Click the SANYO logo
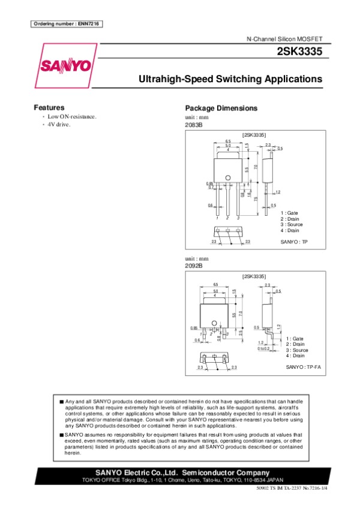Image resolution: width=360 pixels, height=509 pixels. click(x=65, y=64)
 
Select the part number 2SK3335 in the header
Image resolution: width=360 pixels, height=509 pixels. click(x=299, y=52)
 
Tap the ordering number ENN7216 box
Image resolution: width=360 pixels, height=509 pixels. click(x=66, y=23)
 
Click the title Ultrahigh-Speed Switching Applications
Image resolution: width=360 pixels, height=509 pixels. click(x=230, y=79)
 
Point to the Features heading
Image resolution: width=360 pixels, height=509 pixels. click(x=49, y=107)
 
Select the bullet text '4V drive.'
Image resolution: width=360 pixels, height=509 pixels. click(x=59, y=125)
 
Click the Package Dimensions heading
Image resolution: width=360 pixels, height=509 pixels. click(x=221, y=108)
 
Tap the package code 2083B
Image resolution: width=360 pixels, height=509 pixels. click(x=194, y=125)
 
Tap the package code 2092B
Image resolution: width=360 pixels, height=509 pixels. click(x=194, y=265)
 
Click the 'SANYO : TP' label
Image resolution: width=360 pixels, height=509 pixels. click(x=293, y=242)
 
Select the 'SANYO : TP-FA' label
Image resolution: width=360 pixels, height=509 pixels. click(x=303, y=366)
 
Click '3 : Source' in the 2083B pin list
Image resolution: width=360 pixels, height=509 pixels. click(x=292, y=225)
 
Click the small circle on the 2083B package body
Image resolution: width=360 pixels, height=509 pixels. click(x=228, y=177)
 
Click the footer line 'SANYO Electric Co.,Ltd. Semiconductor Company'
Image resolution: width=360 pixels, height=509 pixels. click(x=179, y=472)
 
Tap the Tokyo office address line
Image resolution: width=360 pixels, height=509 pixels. click(x=179, y=480)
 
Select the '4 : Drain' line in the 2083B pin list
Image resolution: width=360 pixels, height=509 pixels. click(x=290, y=231)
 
